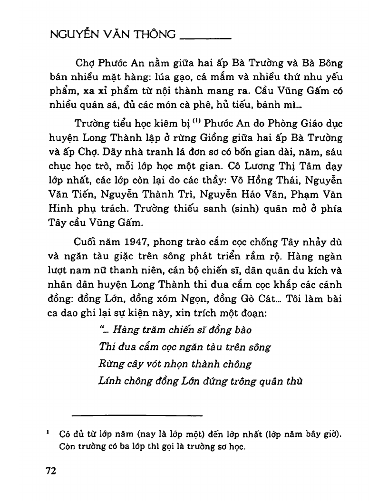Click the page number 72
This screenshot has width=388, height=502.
click(51, 471)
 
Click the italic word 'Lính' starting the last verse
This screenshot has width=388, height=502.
click(110, 381)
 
